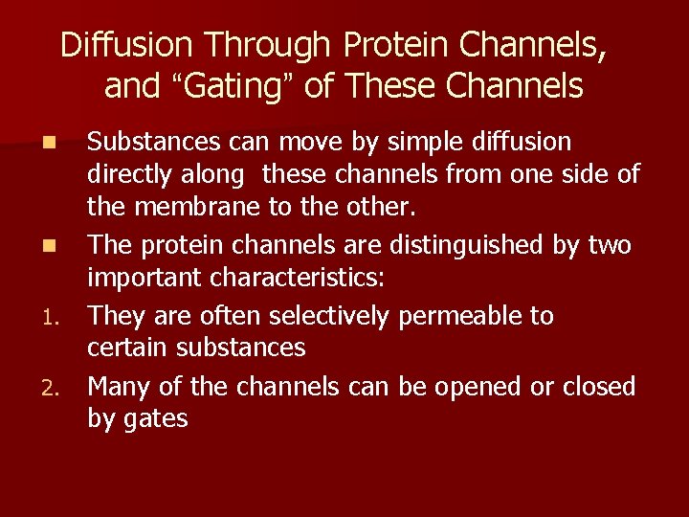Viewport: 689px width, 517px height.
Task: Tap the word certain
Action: [x=124, y=348]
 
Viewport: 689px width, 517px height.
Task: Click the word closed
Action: [x=598, y=386]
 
